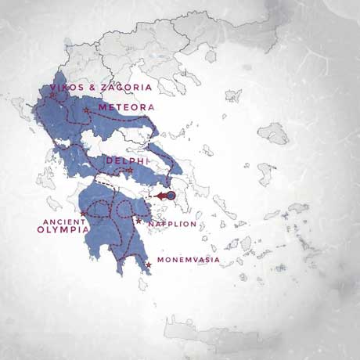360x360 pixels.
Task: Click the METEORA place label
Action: (126, 107)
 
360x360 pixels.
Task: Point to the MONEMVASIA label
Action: (189, 260)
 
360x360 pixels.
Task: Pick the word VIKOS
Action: (65, 88)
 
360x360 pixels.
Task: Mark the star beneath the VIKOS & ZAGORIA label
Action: (52, 95)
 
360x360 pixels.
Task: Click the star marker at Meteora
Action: (86, 110)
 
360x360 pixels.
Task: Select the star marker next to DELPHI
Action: (130, 170)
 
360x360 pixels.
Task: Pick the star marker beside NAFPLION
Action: (139, 221)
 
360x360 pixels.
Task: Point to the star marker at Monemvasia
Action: (148, 265)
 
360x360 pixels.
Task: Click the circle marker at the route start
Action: (171, 196)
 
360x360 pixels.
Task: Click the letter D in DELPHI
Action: (109, 160)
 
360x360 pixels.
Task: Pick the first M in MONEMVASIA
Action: (160, 260)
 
